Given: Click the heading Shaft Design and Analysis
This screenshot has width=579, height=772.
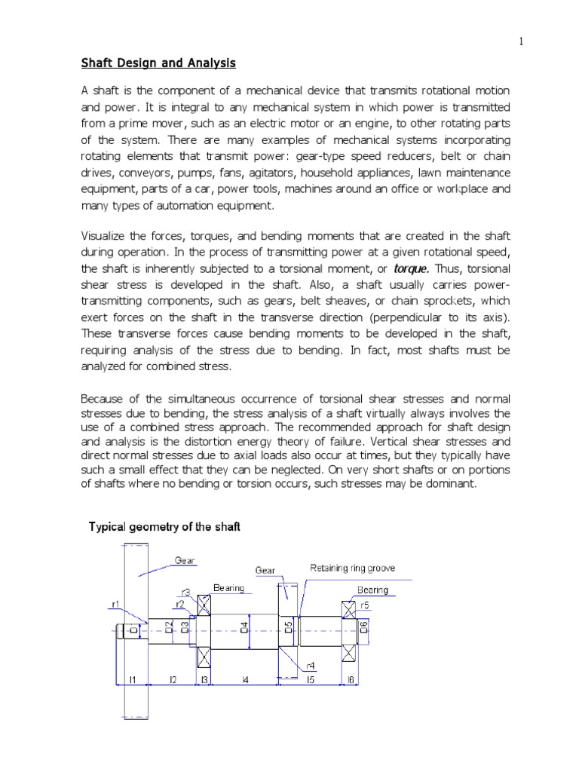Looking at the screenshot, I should pyautogui.click(x=158, y=63).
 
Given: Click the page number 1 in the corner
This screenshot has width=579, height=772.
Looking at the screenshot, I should pyautogui.click(x=521, y=41).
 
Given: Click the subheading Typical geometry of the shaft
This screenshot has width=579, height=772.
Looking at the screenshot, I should pyautogui.click(x=164, y=527).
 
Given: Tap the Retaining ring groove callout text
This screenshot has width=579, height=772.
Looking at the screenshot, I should pyautogui.click(x=352, y=568).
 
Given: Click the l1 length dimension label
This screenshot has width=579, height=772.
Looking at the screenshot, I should pyautogui.click(x=132, y=679).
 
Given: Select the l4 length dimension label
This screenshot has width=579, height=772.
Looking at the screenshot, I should pyautogui.click(x=245, y=679).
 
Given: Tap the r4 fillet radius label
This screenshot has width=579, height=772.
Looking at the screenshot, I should pyautogui.click(x=310, y=666).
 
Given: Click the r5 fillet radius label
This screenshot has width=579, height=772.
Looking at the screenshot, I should pyautogui.click(x=365, y=605).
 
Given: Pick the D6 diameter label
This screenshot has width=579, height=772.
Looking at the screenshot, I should pyautogui.click(x=363, y=627).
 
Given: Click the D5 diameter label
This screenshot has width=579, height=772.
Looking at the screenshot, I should pyautogui.click(x=289, y=627).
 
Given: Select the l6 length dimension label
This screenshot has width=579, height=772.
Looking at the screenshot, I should pyautogui.click(x=351, y=679).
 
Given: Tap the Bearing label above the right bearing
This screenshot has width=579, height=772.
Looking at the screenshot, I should pyautogui.click(x=372, y=590).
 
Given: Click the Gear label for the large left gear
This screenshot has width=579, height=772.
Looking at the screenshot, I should pyautogui.click(x=185, y=560).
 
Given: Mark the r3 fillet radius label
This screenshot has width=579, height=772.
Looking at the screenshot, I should pyautogui.click(x=185, y=593).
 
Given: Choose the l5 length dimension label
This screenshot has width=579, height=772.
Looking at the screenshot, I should pyautogui.click(x=310, y=679).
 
